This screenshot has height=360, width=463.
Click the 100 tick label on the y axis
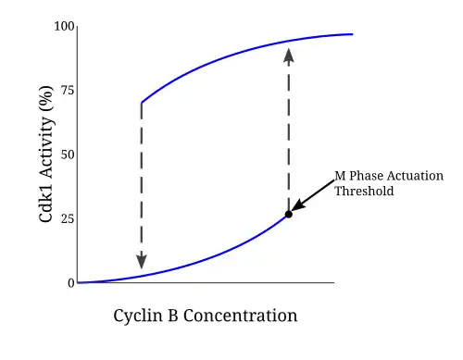coord(64,26)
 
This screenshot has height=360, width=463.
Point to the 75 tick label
coord(68,91)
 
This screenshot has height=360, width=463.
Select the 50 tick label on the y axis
coord(68,155)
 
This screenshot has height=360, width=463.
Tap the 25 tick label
coord(68,218)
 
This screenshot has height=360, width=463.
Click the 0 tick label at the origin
coord(71,283)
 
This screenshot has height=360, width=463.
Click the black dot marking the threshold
coord(289,214)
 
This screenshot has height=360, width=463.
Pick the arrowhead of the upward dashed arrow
coord(289,56)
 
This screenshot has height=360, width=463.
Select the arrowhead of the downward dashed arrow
coord(142,262)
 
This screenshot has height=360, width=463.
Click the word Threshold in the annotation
coord(364,191)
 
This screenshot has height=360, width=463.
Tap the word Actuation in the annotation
coord(415,176)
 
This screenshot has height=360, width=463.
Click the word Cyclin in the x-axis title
coord(138,317)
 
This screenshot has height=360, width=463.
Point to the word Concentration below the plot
coord(241,316)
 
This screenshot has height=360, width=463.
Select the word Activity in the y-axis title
coord(45,147)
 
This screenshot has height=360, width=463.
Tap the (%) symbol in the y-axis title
coord(46,99)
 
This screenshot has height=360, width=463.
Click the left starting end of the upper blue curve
coord(142,103)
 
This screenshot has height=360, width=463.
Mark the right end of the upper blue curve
coord(353,34)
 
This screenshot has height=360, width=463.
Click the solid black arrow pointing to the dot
coord(313,195)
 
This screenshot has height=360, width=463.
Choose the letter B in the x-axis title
coord(173,316)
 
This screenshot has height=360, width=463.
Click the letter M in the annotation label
coord(340,176)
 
